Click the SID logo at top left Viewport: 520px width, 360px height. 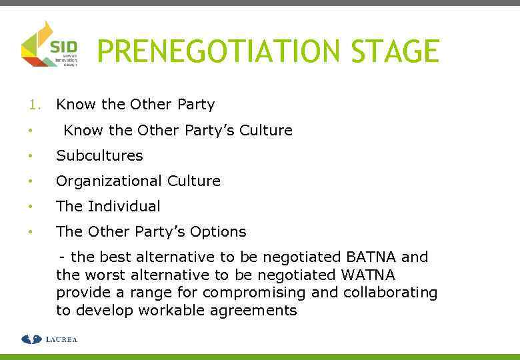tap(49, 44)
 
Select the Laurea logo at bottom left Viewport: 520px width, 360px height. tap(49, 339)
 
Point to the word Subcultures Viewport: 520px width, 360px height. tap(99, 155)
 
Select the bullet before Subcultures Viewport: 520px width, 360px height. tap(30, 156)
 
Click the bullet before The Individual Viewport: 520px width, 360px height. tap(30, 207)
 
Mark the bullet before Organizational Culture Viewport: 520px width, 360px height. tap(30, 181)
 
